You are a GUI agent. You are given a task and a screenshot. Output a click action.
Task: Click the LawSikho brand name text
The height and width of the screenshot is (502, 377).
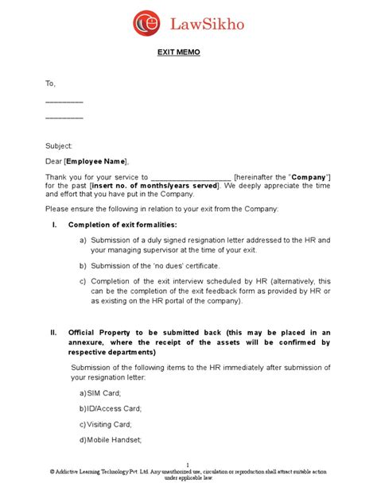point(207,25)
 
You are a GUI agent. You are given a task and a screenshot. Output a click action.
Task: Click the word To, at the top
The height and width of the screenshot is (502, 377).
point(51,83)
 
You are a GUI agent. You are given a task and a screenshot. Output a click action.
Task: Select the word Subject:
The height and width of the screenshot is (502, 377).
point(60,146)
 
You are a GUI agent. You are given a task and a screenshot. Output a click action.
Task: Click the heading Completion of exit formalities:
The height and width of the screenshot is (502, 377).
point(122,225)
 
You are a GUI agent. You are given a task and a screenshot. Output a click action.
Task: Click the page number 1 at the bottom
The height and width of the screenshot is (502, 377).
point(188,465)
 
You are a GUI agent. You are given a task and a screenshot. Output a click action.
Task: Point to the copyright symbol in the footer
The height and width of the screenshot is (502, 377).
point(52,472)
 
